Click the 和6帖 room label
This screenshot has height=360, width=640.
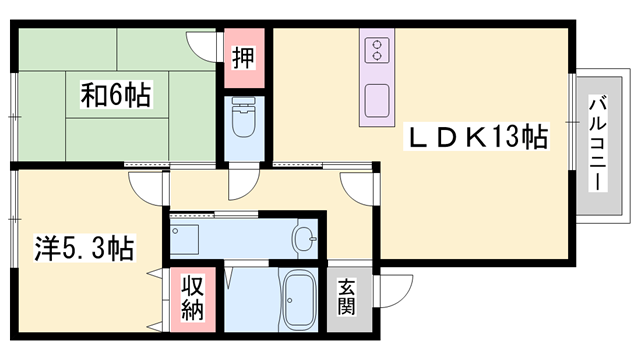(x=115, y=96)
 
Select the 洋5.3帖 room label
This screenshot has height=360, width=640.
(x=84, y=246)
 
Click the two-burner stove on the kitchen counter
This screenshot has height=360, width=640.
(x=378, y=50)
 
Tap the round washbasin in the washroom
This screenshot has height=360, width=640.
(x=304, y=238)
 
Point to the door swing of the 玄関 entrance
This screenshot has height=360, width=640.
(x=394, y=289)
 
